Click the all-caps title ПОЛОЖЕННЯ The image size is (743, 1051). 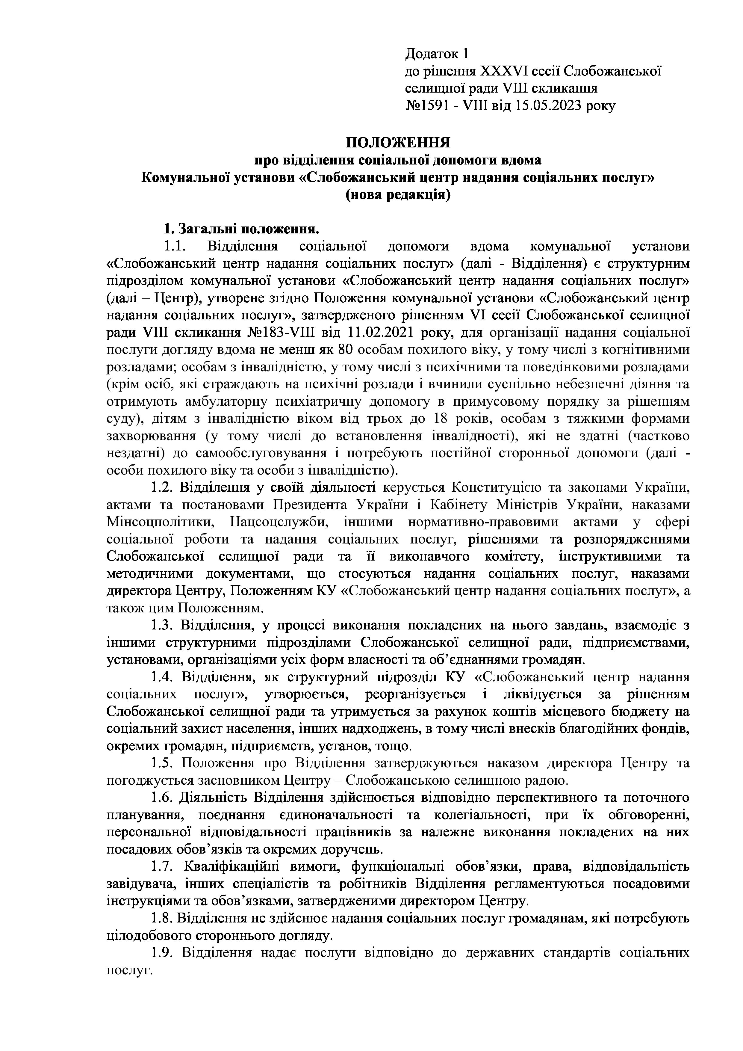[x=398, y=143]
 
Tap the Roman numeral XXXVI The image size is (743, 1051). [x=503, y=71]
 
